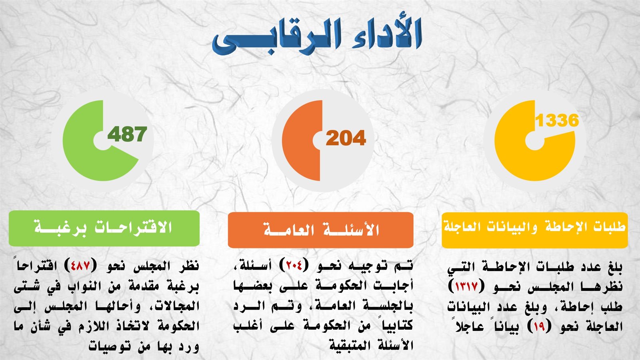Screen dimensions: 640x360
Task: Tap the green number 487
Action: tap(127, 134)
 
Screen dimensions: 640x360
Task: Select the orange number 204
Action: tap(346, 138)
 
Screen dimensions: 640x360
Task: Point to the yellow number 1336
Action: tap(557, 120)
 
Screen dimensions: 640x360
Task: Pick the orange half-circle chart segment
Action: tap(300, 140)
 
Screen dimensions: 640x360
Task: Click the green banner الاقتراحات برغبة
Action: tap(104, 228)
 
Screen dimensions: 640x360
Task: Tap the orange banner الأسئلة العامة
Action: tap(320, 230)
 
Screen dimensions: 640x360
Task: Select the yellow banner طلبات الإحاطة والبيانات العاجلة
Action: tap(534, 230)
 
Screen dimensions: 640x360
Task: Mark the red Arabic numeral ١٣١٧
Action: tap(466, 286)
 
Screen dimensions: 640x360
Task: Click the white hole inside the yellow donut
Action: tap(535, 140)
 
